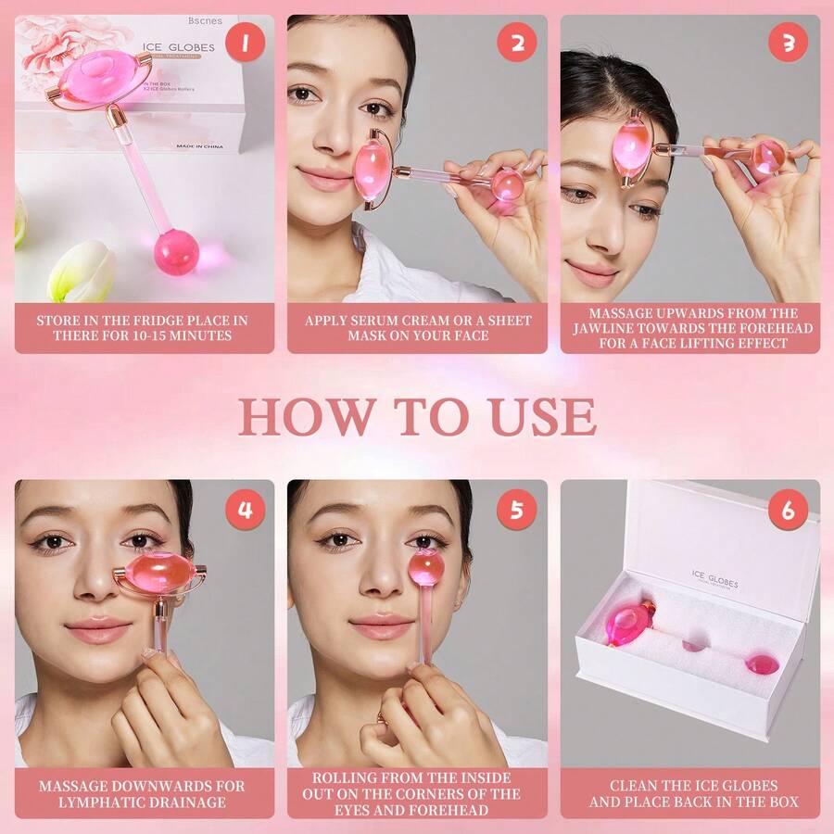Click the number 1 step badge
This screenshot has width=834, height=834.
point(246,43)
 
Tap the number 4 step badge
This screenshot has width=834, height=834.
point(246,510)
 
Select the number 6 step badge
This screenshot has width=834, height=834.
point(788,510)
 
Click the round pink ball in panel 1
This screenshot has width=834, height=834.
point(176,251)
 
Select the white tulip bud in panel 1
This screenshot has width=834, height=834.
point(81,271)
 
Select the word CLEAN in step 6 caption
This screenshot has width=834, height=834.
point(637,786)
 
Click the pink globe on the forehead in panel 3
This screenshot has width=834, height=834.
point(631,147)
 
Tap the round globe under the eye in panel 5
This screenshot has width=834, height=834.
point(427,567)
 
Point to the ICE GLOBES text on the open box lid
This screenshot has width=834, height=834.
point(714,579)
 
